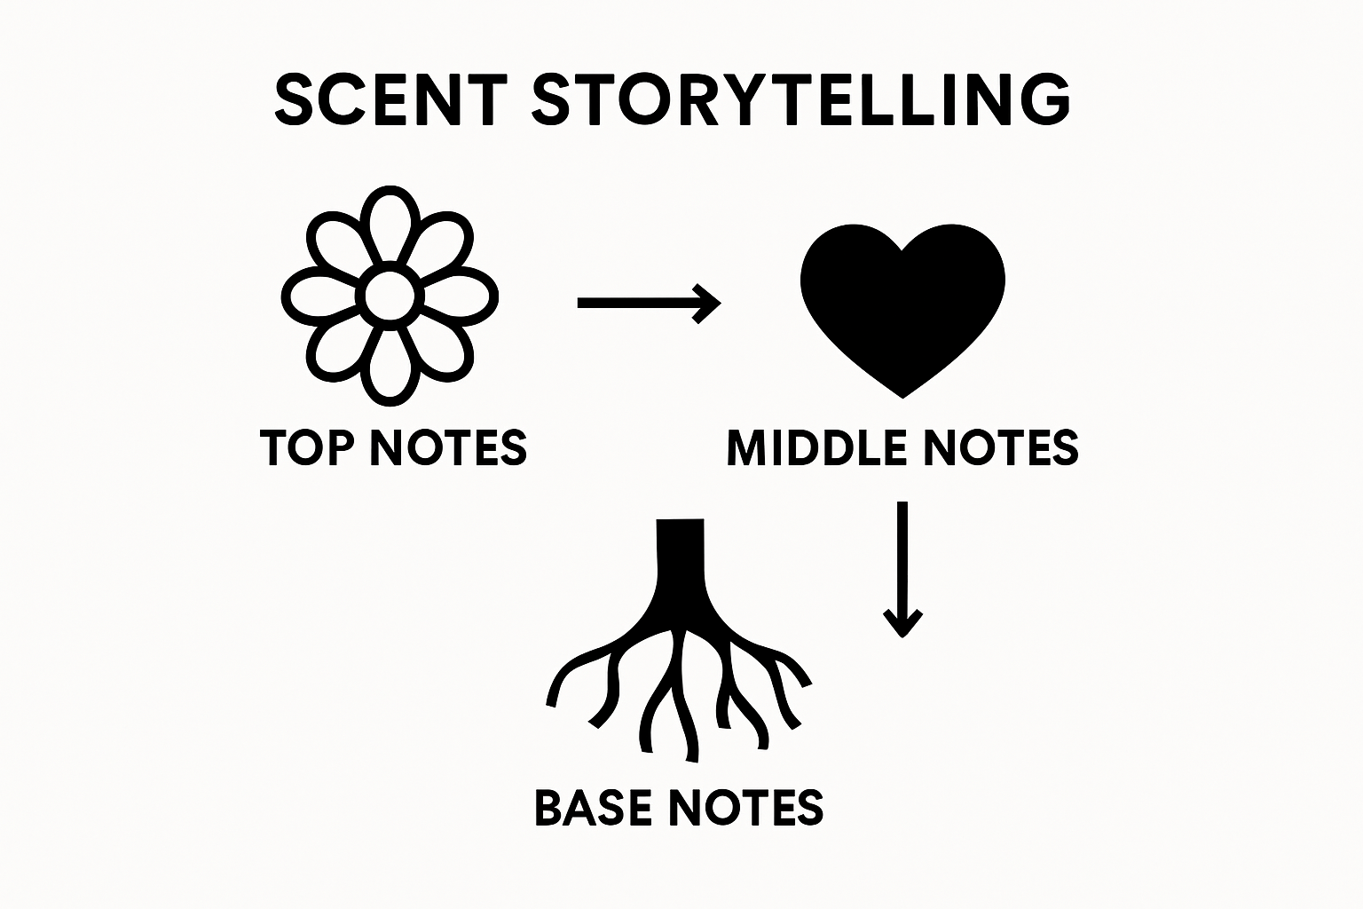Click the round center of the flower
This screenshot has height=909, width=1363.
click(x=390, y=296)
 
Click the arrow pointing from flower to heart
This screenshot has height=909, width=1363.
click(x=650, y=303)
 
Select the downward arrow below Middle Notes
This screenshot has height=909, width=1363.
click(x=902, y=569)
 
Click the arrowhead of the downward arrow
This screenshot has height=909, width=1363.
click(x=902, y=623)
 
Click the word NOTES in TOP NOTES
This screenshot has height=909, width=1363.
click(x=448, y=447)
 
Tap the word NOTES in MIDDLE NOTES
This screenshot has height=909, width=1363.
click(x=1001, y=447)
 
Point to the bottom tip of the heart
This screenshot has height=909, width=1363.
click(x=902, y=399)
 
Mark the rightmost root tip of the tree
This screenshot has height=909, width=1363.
click(x=806, y=684)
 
